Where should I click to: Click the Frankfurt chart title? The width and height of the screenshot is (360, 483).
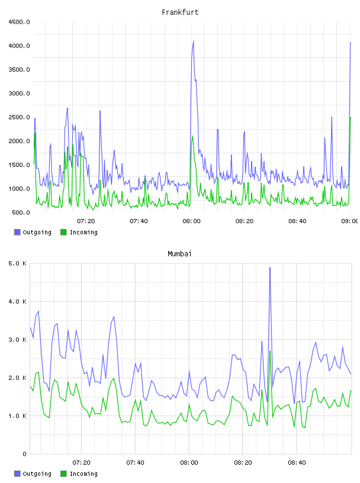coord(180,12)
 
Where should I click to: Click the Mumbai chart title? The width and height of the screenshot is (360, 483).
coord(179,254)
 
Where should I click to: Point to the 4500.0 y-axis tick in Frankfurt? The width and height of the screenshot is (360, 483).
coord(19,22)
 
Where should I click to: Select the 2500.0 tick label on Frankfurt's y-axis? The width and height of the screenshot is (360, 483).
coord(19,117)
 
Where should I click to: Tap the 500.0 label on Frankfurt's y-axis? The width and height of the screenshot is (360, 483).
coord(21,212)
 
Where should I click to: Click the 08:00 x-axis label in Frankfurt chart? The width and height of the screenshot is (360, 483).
coord(191,221)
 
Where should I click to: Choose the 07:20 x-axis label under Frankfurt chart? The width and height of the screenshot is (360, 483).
coord(86,221)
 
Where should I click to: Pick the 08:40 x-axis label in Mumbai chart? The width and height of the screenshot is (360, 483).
coord(297,463)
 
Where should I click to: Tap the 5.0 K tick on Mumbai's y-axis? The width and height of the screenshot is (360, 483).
coord(18,263)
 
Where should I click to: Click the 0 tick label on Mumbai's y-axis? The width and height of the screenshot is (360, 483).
coord(25,454)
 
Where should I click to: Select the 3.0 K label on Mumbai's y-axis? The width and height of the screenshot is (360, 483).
coord(18,340)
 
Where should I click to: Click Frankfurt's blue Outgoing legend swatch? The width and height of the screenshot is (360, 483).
coord(17,232)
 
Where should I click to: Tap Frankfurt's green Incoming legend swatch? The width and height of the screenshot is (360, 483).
coord(63,232)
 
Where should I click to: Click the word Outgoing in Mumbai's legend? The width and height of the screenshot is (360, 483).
coord(37,474)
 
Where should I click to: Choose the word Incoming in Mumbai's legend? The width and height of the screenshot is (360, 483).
coord(83,474)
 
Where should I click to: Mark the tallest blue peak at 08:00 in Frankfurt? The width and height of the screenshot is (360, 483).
coord(194,40)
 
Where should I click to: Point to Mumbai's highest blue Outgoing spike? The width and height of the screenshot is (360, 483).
coord(270,268)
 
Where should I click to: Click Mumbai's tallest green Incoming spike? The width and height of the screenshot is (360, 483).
coord(270,351)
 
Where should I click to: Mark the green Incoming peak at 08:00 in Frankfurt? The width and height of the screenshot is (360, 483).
coord(192,136)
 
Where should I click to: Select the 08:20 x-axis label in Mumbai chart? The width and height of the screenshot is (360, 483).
coord(243,463)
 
